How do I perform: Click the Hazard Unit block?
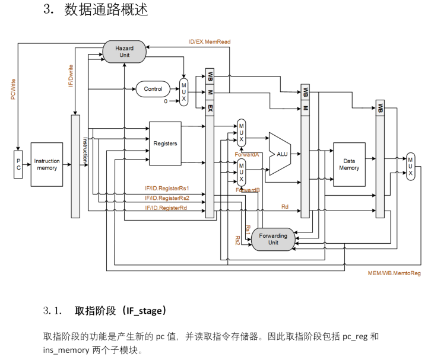tap(124, 51)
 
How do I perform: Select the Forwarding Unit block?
tap(273, 238)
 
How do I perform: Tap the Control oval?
tap(153, 89)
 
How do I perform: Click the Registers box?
tap(165, 144)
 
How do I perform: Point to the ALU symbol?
tap(280, 154)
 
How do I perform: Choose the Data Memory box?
tap(349, 164)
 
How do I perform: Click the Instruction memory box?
tap(47, 164)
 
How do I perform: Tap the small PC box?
tap(18, 164)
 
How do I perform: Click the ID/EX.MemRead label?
tap(209, 42)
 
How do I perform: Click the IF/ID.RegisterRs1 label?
tap(167, 188)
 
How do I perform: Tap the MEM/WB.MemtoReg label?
tap(394, 273)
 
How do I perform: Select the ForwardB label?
tap(248, 190)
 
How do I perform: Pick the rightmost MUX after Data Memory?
tap(410, 167)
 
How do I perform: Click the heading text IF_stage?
tap(145, 311)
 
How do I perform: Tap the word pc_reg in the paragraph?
tap(355, 336)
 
